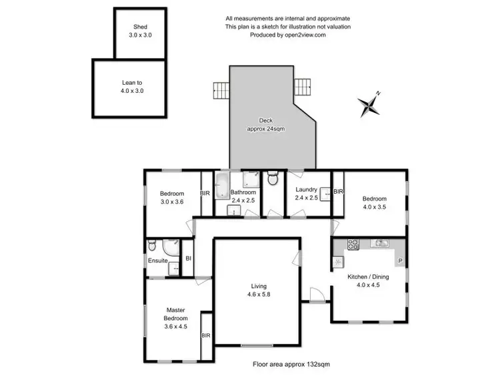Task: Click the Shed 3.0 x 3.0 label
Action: [x=140, y=31]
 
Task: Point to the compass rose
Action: [x=368, y=104]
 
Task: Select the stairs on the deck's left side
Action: [x=221, y=89]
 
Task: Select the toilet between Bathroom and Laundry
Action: [x=272, y=180]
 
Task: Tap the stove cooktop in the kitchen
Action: [x=351, y=244]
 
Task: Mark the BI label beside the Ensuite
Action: [x=188, y=258]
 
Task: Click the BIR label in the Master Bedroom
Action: [x=205, y=336]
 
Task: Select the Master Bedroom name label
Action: [x=177, y=314]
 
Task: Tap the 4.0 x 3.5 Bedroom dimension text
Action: [x=373, y=207]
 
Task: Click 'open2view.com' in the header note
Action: [x=305, y=35]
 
